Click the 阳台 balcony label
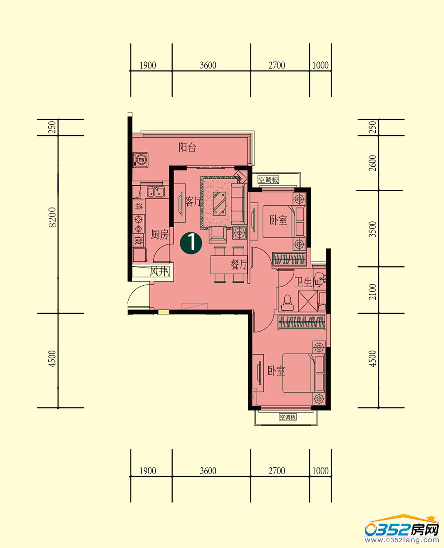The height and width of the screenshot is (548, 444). (187, 148)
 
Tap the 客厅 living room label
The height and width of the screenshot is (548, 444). (193, 201)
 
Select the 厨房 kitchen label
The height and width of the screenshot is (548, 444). (159, 234)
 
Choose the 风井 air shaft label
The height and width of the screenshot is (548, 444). (159, 272)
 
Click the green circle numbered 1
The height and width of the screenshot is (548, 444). (191, 243)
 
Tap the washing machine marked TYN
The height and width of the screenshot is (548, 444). (141, 160)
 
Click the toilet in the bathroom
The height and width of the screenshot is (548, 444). (287, 303)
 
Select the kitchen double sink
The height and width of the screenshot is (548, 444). (156, 192)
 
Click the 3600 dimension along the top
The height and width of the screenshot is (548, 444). (208, 65)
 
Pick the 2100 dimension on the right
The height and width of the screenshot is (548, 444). (373, 292)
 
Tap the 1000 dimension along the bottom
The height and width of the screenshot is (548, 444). (321, 471)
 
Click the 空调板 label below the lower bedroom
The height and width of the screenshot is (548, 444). (288, 417)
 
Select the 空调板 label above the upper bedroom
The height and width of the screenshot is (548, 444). (268, 180)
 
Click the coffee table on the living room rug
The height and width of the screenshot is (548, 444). (220, 204)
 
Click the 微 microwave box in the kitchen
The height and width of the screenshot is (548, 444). (139, 241)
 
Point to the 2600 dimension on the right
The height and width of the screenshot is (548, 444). (373, 163)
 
